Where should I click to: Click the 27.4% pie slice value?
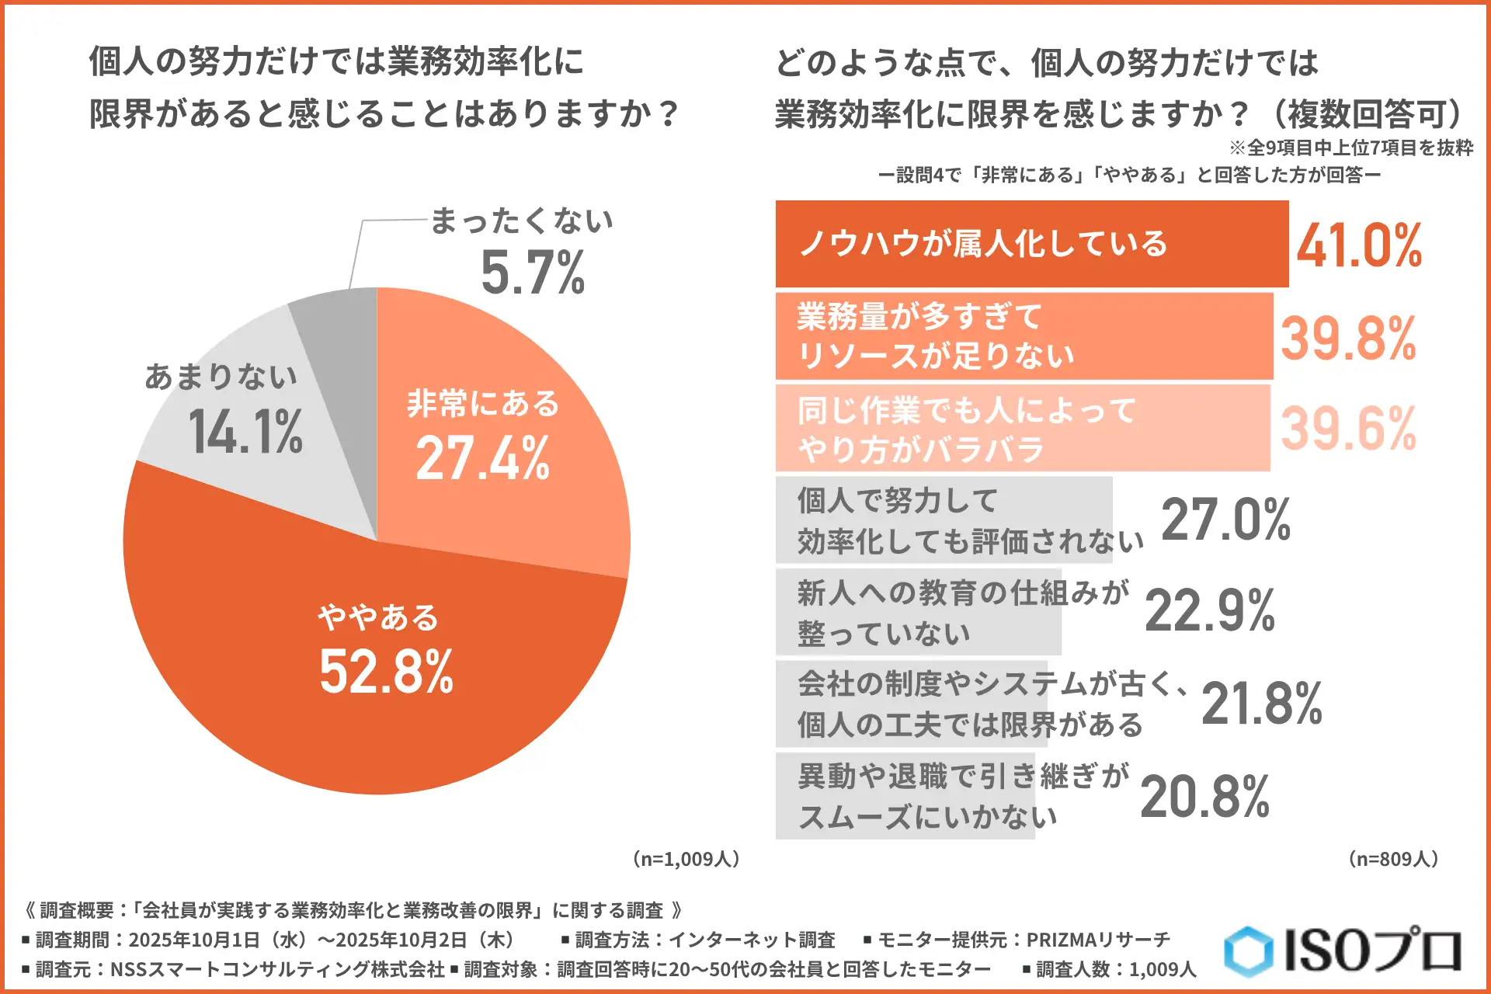(482, 458)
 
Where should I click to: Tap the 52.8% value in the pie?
(386, 672)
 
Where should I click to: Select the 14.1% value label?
(245, 432)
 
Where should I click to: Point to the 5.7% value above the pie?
(533, 273)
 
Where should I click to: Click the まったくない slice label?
(521, 221)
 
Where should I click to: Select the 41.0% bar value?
(1359, 245)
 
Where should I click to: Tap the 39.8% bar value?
(1348, 339)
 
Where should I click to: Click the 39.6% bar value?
(1348, 429)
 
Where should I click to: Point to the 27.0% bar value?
(1225, 520)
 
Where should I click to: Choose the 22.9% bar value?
(1209, 610)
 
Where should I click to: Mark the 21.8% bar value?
(1261, 704)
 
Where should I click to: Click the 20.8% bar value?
(1204, 797)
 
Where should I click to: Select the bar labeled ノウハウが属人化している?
(1031, 244)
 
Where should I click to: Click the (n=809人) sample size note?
(1393, 859)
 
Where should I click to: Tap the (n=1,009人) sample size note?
(686, 859)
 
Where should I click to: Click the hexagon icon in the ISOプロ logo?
(1248, 951)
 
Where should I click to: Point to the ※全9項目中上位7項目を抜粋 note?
(1350, 148)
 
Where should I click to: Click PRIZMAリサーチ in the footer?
(1098, 940)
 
